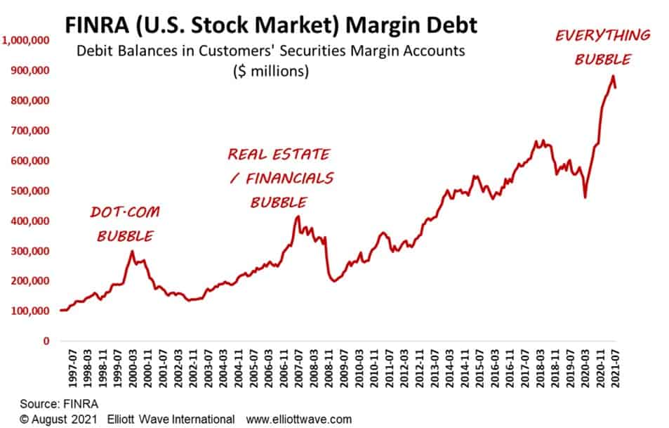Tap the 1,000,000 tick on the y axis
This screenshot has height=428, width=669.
(x=26, y=41)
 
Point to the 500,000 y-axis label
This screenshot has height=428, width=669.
(x=29, y=191)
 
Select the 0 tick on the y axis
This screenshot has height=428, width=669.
(x=46, y=341)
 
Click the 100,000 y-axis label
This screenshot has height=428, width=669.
(x=29, y=311)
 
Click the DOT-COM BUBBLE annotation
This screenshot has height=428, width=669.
(x=124, y=223)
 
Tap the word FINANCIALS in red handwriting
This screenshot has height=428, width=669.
(x=289, y=179)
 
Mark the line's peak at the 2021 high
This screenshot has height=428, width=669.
(x=613, y=76)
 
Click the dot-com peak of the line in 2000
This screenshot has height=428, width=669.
(x=132, y=252)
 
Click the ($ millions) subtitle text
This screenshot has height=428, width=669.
(x=271, y=72)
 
